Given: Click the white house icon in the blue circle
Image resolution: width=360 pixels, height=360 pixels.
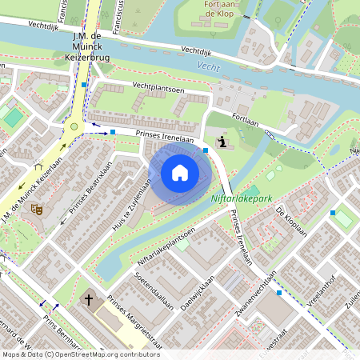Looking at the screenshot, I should click(179, 173).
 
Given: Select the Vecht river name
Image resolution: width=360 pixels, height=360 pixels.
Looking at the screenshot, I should click(208, 68).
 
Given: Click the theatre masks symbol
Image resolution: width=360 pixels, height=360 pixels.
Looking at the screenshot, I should click(36, 209).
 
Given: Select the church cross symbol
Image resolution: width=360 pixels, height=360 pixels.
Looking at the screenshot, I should click(89, 301).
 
